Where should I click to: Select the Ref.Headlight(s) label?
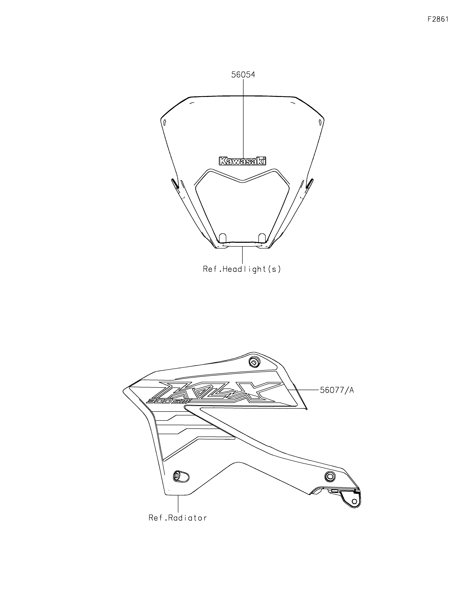click(x=242, y=269)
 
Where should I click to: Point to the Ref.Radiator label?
click(x=178, y=518)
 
